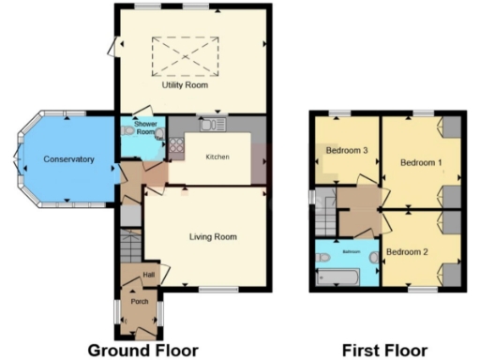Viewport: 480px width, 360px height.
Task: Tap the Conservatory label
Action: pos(68,159)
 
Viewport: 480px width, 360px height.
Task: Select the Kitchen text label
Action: pos(218,157)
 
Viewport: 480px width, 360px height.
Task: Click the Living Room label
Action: pos(213,237)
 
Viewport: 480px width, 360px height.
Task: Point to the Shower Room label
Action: pos(144,129)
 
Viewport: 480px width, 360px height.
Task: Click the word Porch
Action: pos(141,301)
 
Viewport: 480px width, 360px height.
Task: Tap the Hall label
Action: pos(148,275)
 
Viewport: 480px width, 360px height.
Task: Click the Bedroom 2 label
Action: pos(407,251)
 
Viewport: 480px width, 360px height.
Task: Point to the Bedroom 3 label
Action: pos(346,150)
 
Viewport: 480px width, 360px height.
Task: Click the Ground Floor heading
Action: pos(142,350)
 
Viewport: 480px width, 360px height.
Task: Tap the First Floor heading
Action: pos(384,350)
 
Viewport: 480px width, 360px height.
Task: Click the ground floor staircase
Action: pos(128,249)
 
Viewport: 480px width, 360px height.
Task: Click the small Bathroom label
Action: pos(351,252)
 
